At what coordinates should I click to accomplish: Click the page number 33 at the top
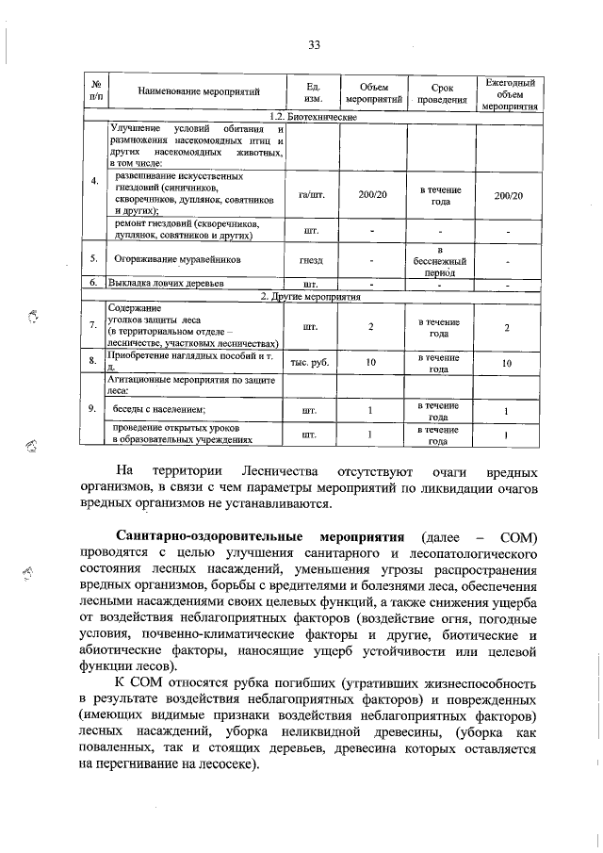pos(315,45)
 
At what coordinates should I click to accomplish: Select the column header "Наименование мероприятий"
pos(198,91)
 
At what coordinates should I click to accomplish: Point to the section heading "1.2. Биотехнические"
pos(312,116)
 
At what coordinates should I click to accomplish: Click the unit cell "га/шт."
pos(311,195)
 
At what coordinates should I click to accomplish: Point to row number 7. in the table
pos(92,326)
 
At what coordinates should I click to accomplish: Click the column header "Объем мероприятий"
pos(374,91)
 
